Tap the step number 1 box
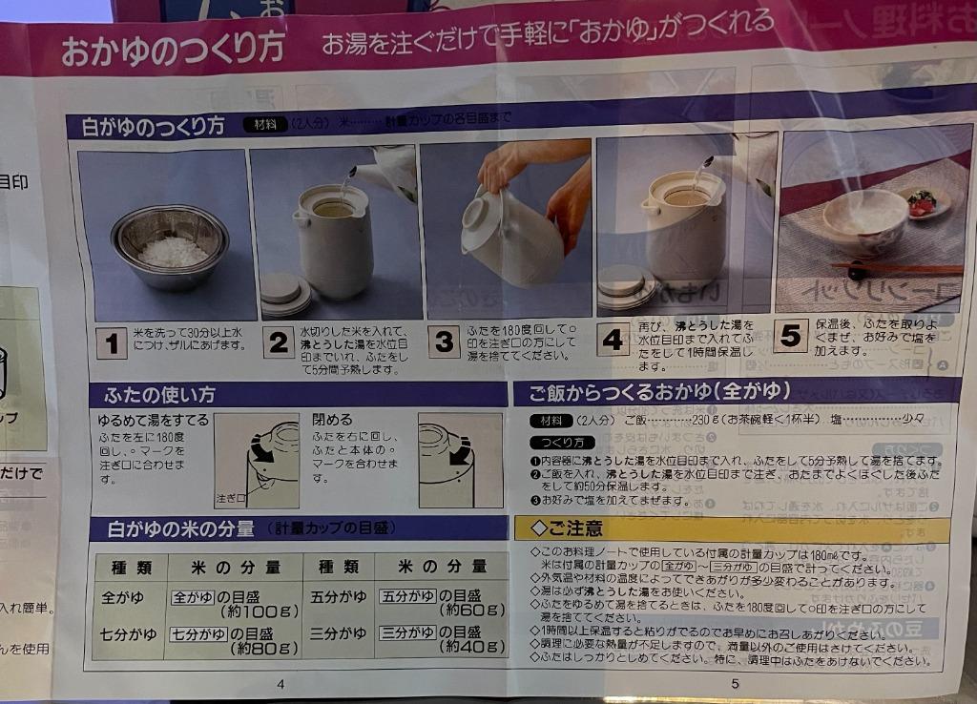(112, 342)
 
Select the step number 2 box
(278, 342)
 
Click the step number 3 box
(444, 342)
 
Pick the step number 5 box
(790, 336)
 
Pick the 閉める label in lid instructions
(332, 419)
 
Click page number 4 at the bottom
(281, 683)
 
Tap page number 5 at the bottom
(735, 683)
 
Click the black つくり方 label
(562, 443)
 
